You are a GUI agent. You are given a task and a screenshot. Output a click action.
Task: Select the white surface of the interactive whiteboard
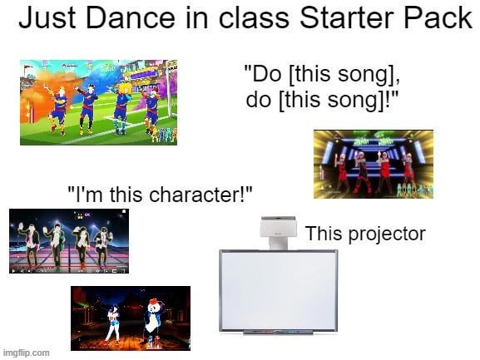click(278, 288)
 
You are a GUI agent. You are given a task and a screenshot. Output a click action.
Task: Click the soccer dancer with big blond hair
click(122, 104)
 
